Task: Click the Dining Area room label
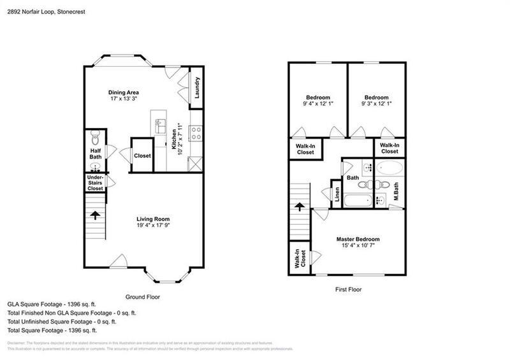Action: tap(123, 92)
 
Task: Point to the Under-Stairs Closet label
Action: tap(95, 184)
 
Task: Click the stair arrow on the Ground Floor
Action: tap(94, 215)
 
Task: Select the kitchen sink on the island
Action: tap(160, 124)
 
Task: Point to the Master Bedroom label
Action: tap(361, 240)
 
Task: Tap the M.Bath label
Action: tap(395, 191)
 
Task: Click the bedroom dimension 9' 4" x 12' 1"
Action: tap(317, 104)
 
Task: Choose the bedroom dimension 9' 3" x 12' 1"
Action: tap(376, 104)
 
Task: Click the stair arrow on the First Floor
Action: tap(298, 207)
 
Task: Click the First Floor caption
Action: tap(349, 289)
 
